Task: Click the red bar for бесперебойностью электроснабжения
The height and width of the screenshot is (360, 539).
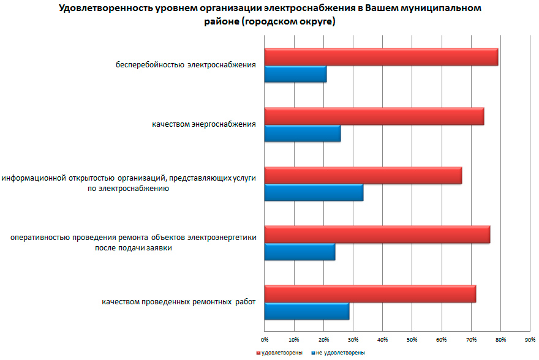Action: click(381, 57)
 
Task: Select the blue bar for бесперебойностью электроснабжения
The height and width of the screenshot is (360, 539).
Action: click(295, 74)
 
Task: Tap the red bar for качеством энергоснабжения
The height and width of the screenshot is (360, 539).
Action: click(374, 116)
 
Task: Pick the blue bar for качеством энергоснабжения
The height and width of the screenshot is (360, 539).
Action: click(303, 133)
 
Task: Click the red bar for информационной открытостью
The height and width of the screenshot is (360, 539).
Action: click(363, 175)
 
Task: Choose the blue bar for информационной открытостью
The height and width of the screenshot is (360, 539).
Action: click(314, 192)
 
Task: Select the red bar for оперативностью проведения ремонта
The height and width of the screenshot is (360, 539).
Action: click(377, 234)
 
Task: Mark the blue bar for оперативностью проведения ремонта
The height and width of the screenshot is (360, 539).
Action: click(300, 252)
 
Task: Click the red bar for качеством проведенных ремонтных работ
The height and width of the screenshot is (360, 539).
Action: click(370, 294)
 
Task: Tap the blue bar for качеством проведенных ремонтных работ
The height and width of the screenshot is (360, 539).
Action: click(306, 311)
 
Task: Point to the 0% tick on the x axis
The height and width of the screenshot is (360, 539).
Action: click(265, 339)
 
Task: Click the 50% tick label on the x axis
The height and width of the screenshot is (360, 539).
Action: click(412, 339)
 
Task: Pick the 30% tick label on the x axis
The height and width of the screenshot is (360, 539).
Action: click(353, 339)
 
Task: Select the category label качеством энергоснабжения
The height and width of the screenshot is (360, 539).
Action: click(204, 125)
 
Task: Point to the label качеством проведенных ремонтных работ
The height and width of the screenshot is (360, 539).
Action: click(178, 302)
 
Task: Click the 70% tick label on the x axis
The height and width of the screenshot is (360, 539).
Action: click(471, 339)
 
